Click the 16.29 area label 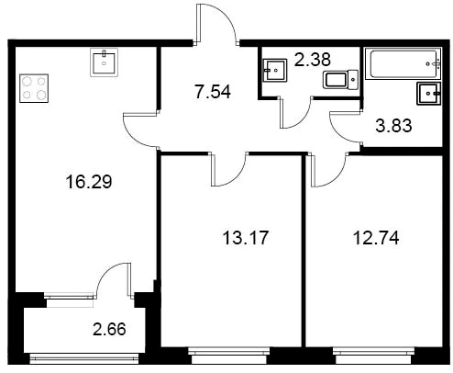89,181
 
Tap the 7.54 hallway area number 213,92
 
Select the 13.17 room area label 246,238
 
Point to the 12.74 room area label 376,238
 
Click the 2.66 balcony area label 109,329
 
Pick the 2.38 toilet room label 313,60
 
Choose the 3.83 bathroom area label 393,126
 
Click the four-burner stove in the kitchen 34,88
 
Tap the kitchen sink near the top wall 105,62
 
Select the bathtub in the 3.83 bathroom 403,63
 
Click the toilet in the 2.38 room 340,80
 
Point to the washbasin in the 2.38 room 275,71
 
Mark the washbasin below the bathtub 428,94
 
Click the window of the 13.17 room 229,355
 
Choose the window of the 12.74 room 374,355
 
